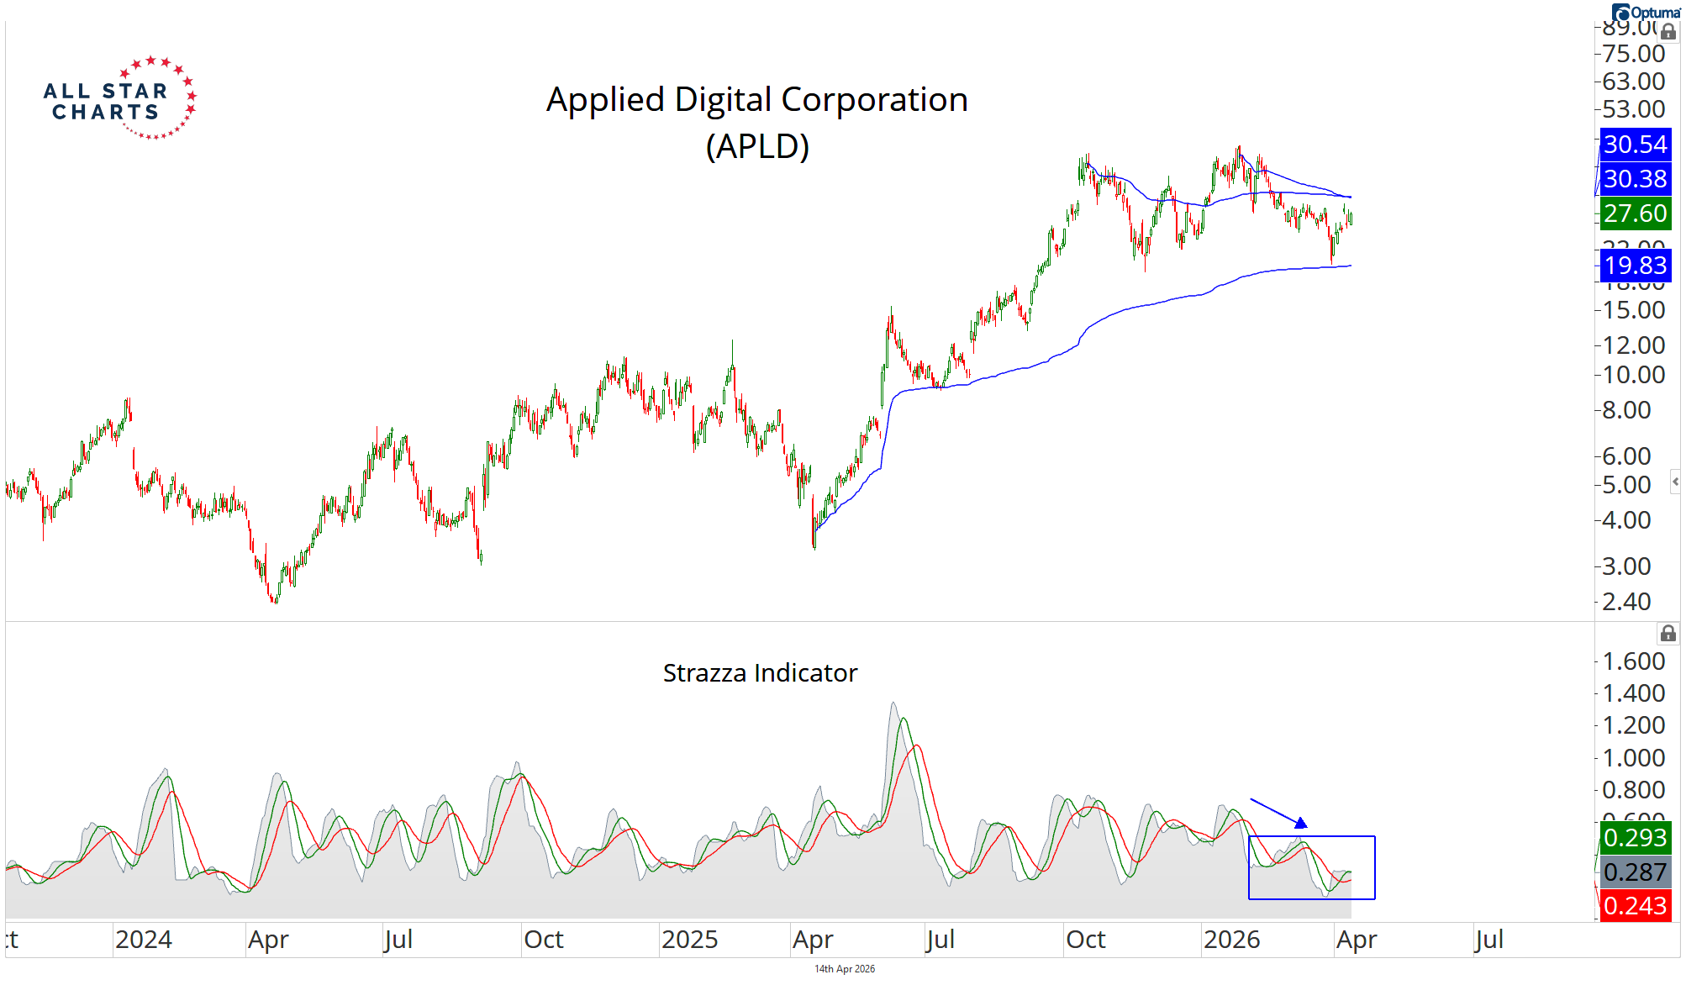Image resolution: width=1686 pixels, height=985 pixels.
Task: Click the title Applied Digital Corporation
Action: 756,99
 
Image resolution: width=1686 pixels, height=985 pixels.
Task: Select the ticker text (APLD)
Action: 756,146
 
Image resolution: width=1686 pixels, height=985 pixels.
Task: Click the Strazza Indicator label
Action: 760,672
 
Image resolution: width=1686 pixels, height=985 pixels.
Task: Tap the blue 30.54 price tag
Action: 1634,145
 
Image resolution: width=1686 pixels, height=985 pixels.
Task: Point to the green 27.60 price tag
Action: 1634,213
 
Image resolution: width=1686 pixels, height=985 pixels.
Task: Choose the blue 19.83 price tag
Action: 1634,266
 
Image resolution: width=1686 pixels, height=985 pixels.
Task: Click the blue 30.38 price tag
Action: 1634,179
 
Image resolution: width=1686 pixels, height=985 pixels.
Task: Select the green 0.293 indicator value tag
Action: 1634,837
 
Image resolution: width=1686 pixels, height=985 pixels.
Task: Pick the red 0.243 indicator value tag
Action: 1634,906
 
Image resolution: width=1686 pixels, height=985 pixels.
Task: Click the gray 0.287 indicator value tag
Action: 1634,872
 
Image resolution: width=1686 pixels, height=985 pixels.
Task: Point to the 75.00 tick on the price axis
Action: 1633,54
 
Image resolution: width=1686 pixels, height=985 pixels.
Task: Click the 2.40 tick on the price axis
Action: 1626,602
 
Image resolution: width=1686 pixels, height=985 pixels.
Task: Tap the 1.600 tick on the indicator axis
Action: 1633,661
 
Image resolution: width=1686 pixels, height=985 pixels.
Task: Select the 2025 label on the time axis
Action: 689,939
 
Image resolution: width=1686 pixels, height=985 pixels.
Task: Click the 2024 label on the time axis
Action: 144,939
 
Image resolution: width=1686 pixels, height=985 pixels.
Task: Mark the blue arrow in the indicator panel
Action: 1278,813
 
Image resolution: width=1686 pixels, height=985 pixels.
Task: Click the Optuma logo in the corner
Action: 1645,13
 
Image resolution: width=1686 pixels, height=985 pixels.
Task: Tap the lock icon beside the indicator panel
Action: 1668,634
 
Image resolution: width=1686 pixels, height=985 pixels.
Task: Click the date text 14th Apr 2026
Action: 844,969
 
